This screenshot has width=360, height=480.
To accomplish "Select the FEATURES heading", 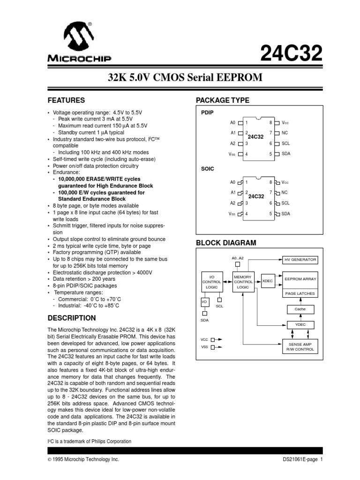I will (67, 100).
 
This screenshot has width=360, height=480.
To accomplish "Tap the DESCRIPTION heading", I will (72, 318).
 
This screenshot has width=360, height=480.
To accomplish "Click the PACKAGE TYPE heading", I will (222, 100).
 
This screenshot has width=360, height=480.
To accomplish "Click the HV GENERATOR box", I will (300, 260).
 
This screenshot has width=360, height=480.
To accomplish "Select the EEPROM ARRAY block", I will (300, 279).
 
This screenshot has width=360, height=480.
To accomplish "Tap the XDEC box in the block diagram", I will (267, 281).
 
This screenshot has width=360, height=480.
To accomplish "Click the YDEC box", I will (300, 324).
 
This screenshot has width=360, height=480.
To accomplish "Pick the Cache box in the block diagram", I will (300, 309).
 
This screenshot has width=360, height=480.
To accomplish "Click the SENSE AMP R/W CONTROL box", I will (300, 347).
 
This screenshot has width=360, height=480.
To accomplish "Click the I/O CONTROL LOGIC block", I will (211, 282).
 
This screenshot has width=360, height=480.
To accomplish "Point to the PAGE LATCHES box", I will (300, 293).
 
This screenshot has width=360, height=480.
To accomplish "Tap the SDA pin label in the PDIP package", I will (286, 154).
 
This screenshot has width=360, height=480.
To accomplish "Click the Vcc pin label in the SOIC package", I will (286, 182).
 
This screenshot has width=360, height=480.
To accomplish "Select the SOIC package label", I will (208, 167).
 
